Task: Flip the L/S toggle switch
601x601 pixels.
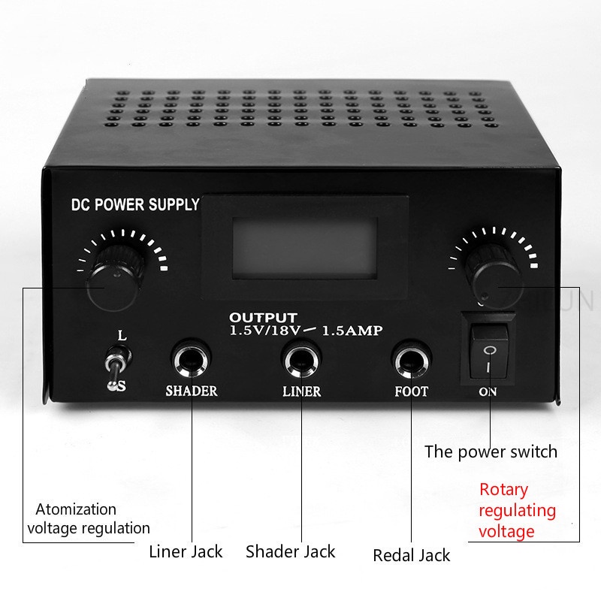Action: click(x=115, y=364)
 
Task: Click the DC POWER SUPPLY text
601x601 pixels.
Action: click(x=134, y=204)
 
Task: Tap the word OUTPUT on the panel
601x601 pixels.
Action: click(x=263, y=317)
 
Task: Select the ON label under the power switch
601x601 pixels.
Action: click(x=488, y=392)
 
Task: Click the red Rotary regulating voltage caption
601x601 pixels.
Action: click(x=518, y=511)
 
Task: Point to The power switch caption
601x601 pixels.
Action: click(x=491, y=452)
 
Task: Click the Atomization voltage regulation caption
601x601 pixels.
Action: click(x=89, y=518)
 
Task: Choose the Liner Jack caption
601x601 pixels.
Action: click(x=186, y=551)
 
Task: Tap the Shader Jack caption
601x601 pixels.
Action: click(x=291, y=551)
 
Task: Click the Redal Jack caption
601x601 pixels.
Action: click(x=411, y=555)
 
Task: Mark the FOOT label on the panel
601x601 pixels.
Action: click(x=412, y=391)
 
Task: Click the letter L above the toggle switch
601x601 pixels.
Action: click(x=122, y=335)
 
